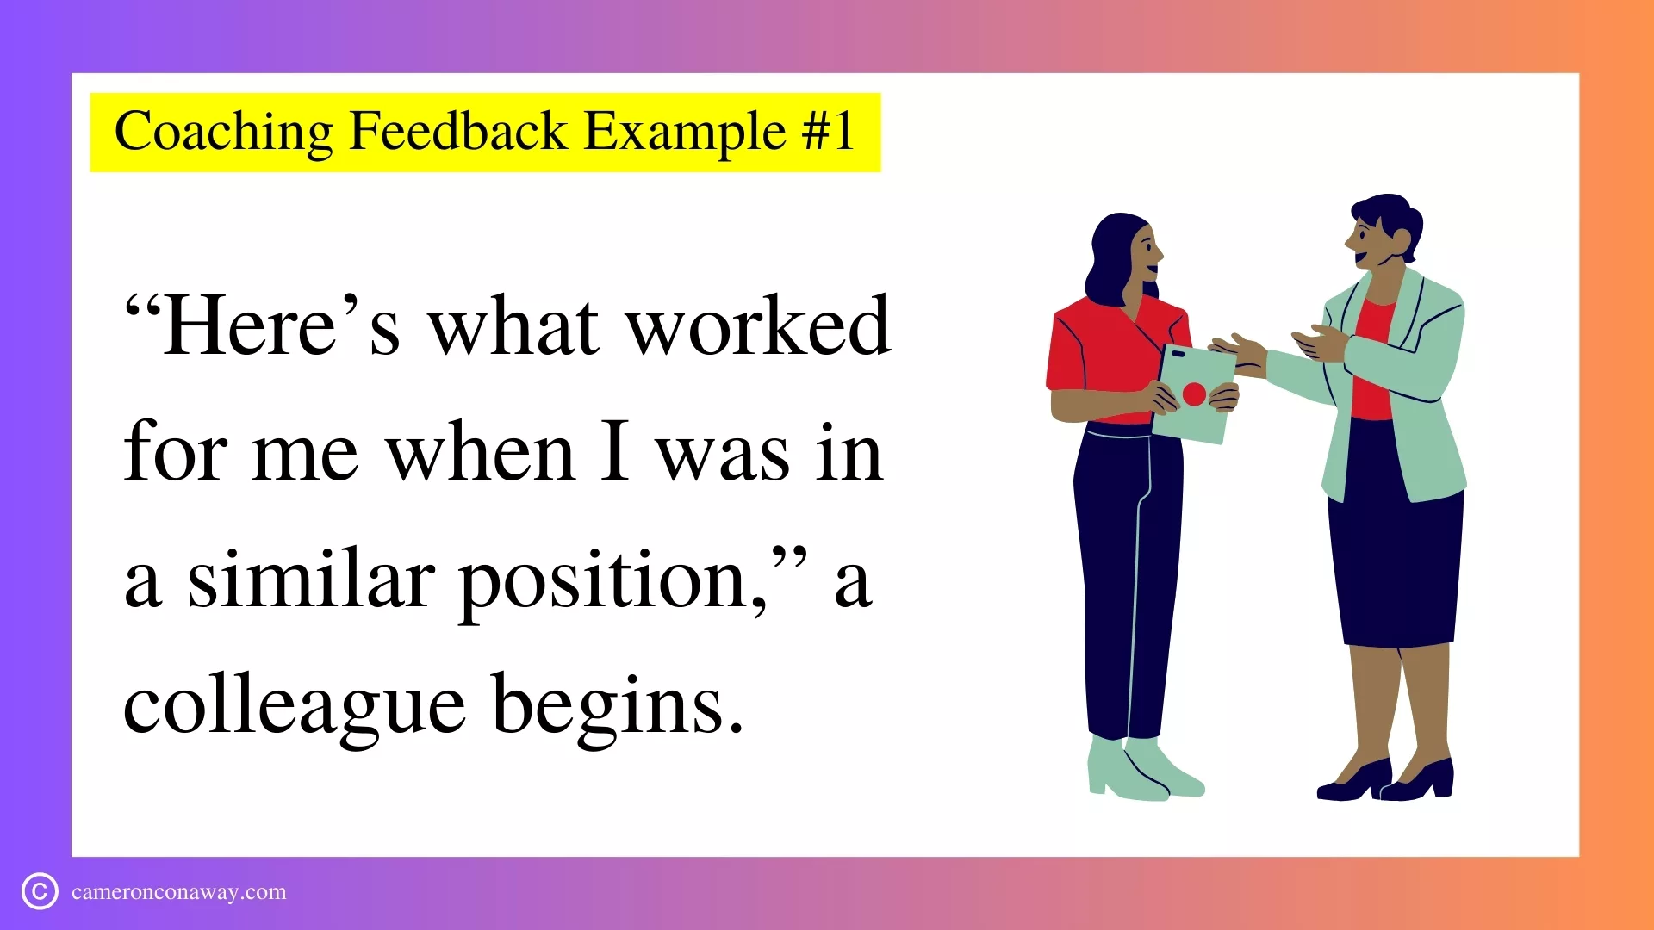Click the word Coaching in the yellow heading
[x=223, y=132]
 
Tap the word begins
[x=618, y=704]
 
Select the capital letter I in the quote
[x=615, y=453]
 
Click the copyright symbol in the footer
[x=40, y=891]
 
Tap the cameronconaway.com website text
[x=179, y=892]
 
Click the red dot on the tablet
[x=1194, y=394]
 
